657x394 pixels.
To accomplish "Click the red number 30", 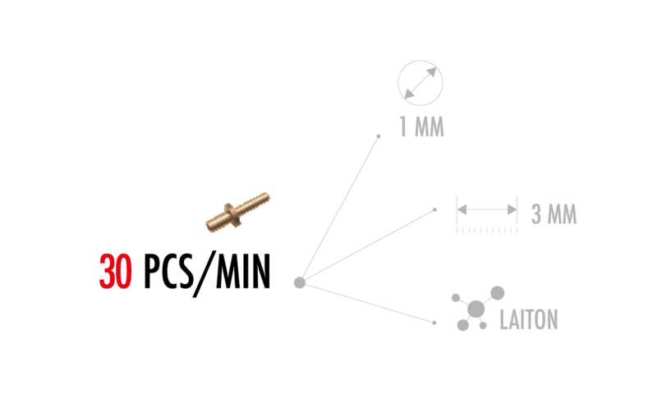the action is coord(116,272).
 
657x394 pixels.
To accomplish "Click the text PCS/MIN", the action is coord(207,273).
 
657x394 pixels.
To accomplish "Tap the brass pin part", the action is coord(237,212).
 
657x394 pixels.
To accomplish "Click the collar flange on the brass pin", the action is coord(232,215).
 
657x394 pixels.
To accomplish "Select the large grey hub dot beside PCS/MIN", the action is coord(300,282).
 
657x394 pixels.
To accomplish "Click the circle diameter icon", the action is coord(420,83).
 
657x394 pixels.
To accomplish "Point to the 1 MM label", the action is coord(421,126).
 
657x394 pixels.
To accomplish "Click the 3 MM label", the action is coord(554,214).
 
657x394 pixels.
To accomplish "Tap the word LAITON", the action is coord(529,319).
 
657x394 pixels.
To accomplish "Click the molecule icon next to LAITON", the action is coord(478,309).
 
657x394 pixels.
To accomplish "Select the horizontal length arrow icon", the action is coord(487,209).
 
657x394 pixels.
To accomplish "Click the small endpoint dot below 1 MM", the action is coord(379,136).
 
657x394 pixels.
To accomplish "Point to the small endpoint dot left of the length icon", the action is coord(434,210).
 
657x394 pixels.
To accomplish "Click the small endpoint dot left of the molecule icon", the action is coord(434,323).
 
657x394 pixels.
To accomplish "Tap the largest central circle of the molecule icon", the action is coord(476,309).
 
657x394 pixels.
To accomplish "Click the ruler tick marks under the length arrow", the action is coord(487,231).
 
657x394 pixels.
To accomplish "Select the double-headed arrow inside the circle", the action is coord(420,83).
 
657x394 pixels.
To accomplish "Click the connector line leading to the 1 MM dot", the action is coord(340,208).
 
